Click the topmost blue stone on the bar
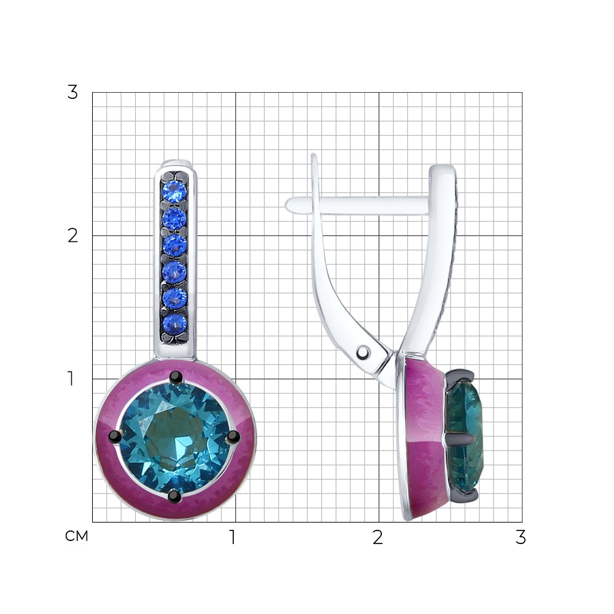[174, 192]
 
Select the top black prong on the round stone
[176, 377]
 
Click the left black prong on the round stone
[115, 435]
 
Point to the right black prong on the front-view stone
[233, 436]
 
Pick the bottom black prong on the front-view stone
[174, 496]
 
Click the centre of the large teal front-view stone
[174, 437]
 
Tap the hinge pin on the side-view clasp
[363, 352]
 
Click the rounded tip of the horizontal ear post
[289, 205]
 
